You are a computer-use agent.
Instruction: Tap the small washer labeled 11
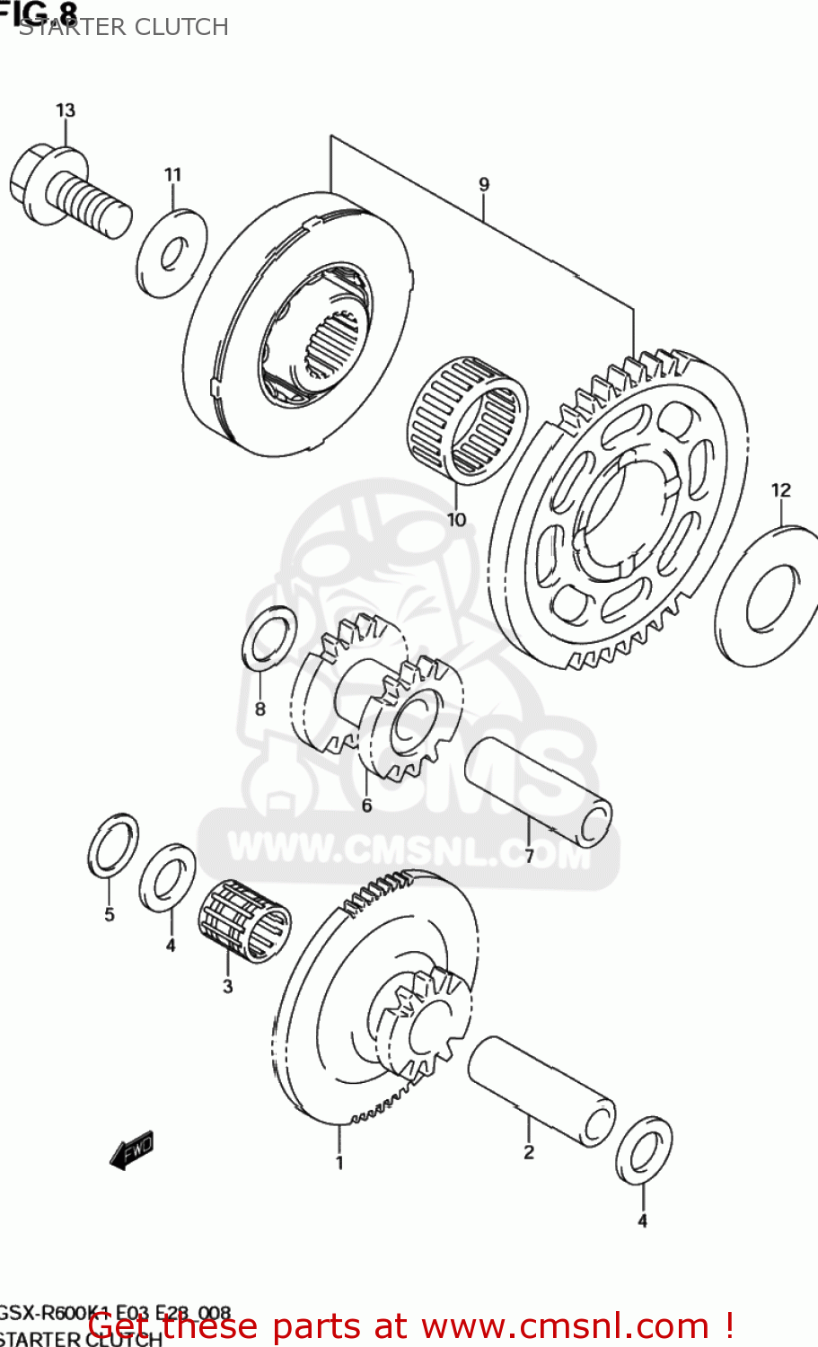pos(172,253)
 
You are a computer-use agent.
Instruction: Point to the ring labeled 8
pos(269,638)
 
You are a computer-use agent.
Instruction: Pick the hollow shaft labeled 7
pos(537,791)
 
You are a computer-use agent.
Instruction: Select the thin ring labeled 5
pos(113,844)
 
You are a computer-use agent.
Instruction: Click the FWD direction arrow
pos(131,1150)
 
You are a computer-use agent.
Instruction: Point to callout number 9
pos(484,185)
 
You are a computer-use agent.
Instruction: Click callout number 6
pos(366,806)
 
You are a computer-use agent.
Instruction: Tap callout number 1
pos(339,1163)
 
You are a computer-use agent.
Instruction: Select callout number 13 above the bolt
pos(66,110)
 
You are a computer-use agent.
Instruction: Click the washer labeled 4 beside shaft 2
pos(644,1150)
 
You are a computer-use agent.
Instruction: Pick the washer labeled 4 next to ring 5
pos(168,877)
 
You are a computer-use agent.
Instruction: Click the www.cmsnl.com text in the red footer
pos(566,1325)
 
